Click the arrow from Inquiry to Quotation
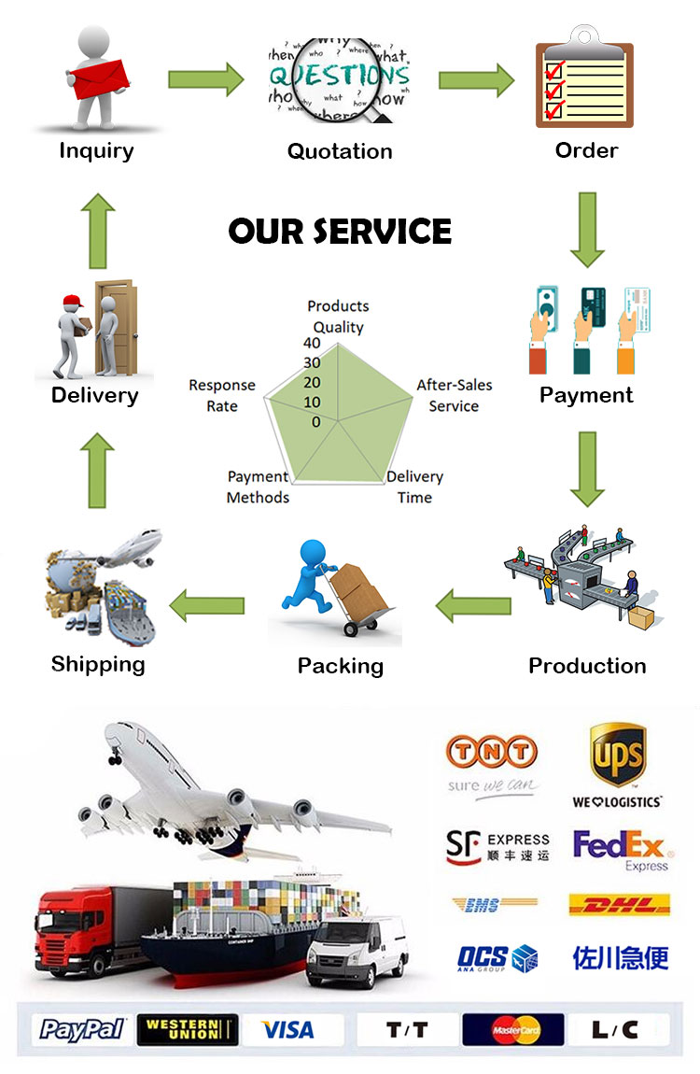[x=205, y=78]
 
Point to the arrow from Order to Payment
[x=587, y=229]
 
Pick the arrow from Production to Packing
[x=473, y=606]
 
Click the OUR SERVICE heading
[x=340, y=231]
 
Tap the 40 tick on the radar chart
[x=312, y=343]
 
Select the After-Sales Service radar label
[x=455, y=395]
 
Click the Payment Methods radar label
[x=259, y=487]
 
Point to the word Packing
[x=340, y=666]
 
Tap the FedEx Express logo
[x=620, y=849]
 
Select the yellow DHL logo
[x=620, y=904]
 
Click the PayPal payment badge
[x=82, y=1029]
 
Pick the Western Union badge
[x=187, y=1029]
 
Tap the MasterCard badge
[x=513, y=1029]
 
